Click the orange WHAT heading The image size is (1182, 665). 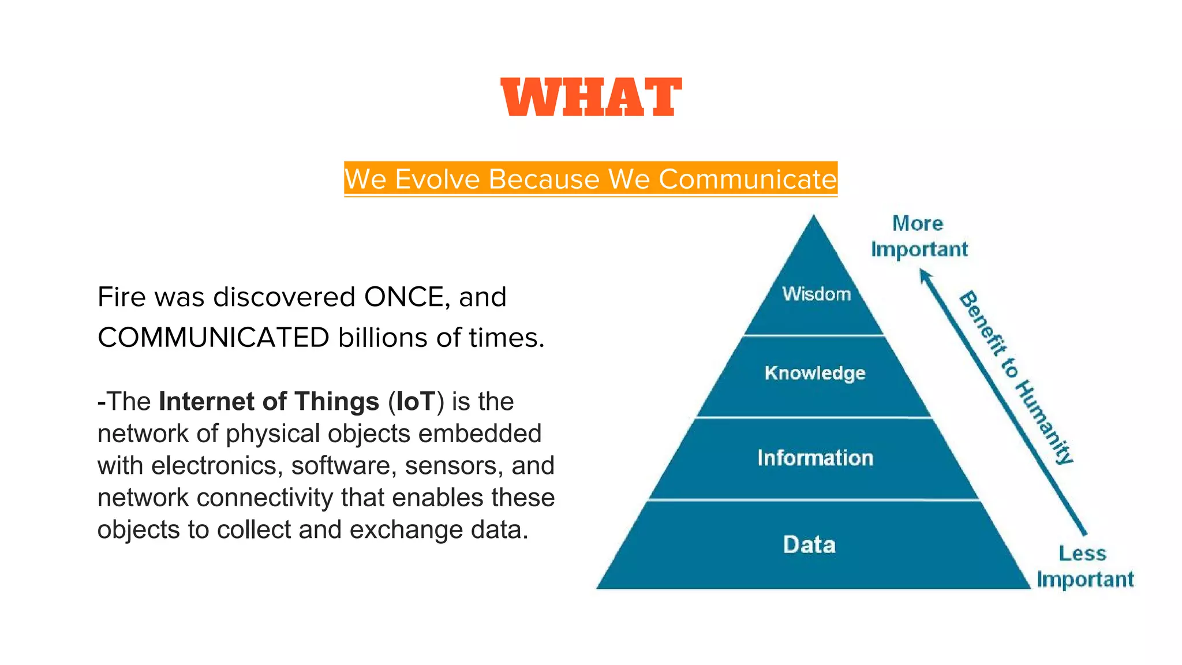(591, 97)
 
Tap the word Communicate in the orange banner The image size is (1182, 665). (747, 179)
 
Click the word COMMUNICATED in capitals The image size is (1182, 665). (214, 338)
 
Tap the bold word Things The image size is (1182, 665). (336, 401)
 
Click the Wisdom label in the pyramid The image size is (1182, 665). (816, 294)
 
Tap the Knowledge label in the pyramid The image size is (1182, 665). (815, 373)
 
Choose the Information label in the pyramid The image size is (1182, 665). (815, 458)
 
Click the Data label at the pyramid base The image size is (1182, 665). (809, 545)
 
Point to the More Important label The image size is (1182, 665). (919, 237)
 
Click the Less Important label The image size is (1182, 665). (1084, 566)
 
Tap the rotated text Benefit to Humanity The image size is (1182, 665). (1016, 378)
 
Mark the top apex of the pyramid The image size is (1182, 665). (814, 217)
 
